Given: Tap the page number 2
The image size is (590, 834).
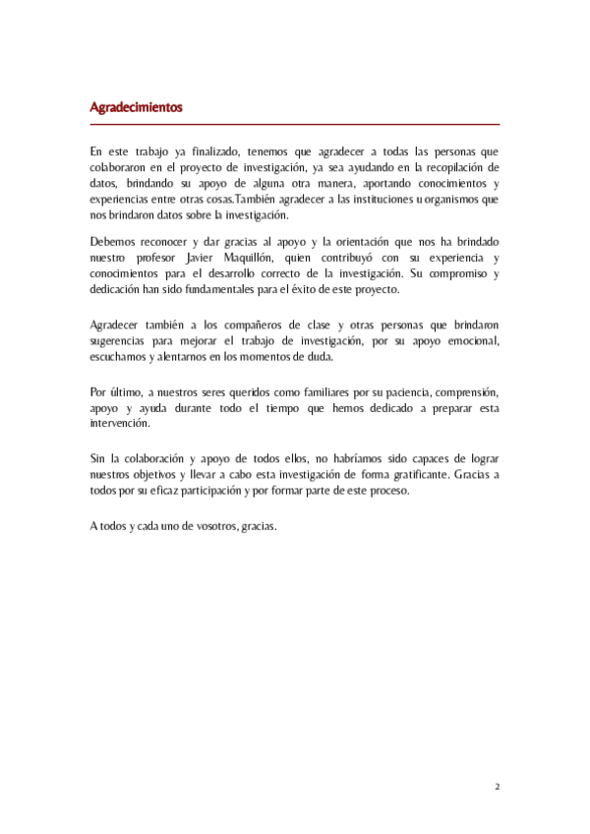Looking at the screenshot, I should click(497, 787).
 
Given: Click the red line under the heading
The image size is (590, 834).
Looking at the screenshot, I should click(295, 125).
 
